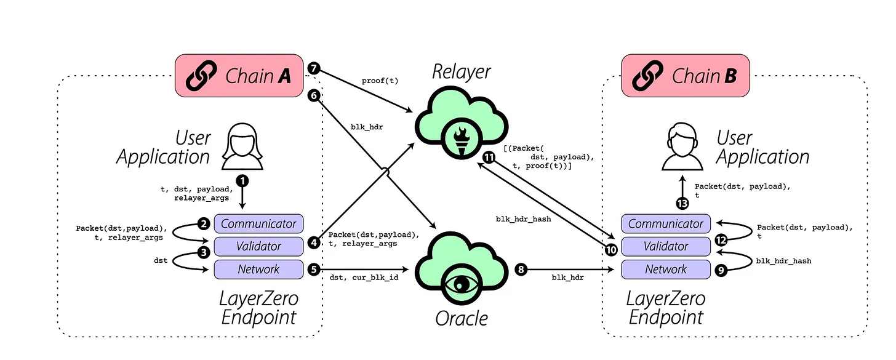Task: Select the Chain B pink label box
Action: pyautogui.click(x=686, y=76)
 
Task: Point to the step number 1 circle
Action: pyautogui.click(x=243, y=181)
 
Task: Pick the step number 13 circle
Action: pyautogui.click(x=682, y=204)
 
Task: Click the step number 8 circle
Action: pyautogui.click(x=521, y=270)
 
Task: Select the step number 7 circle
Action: pyautogui.click(x=314, y=68)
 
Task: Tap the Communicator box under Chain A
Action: pyautogui.click(x=258, y=223)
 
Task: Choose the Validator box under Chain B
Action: pyautogui.click(x=666, y=246)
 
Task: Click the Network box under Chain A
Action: pyautogui.click(x=258, y=269)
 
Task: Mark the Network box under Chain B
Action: pyautogui.click(x=666, y=269)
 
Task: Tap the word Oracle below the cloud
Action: pyautogui.click(x=461, y=318)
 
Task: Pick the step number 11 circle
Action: pyautogui.click(x=489, y=158)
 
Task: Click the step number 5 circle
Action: pyautogui.click(x=314, y=269)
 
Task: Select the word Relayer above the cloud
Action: pyautogui.click(x=461, y=71)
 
